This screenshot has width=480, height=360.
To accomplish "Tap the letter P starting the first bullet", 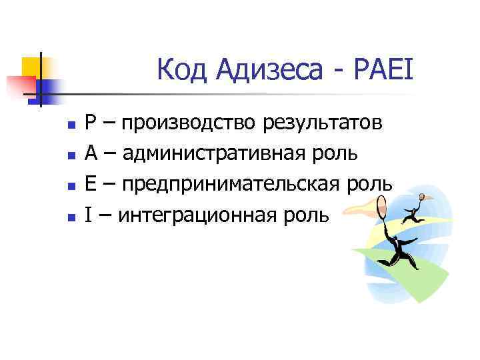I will coord(91,123).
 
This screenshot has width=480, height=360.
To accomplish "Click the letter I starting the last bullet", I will coord(88,215).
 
